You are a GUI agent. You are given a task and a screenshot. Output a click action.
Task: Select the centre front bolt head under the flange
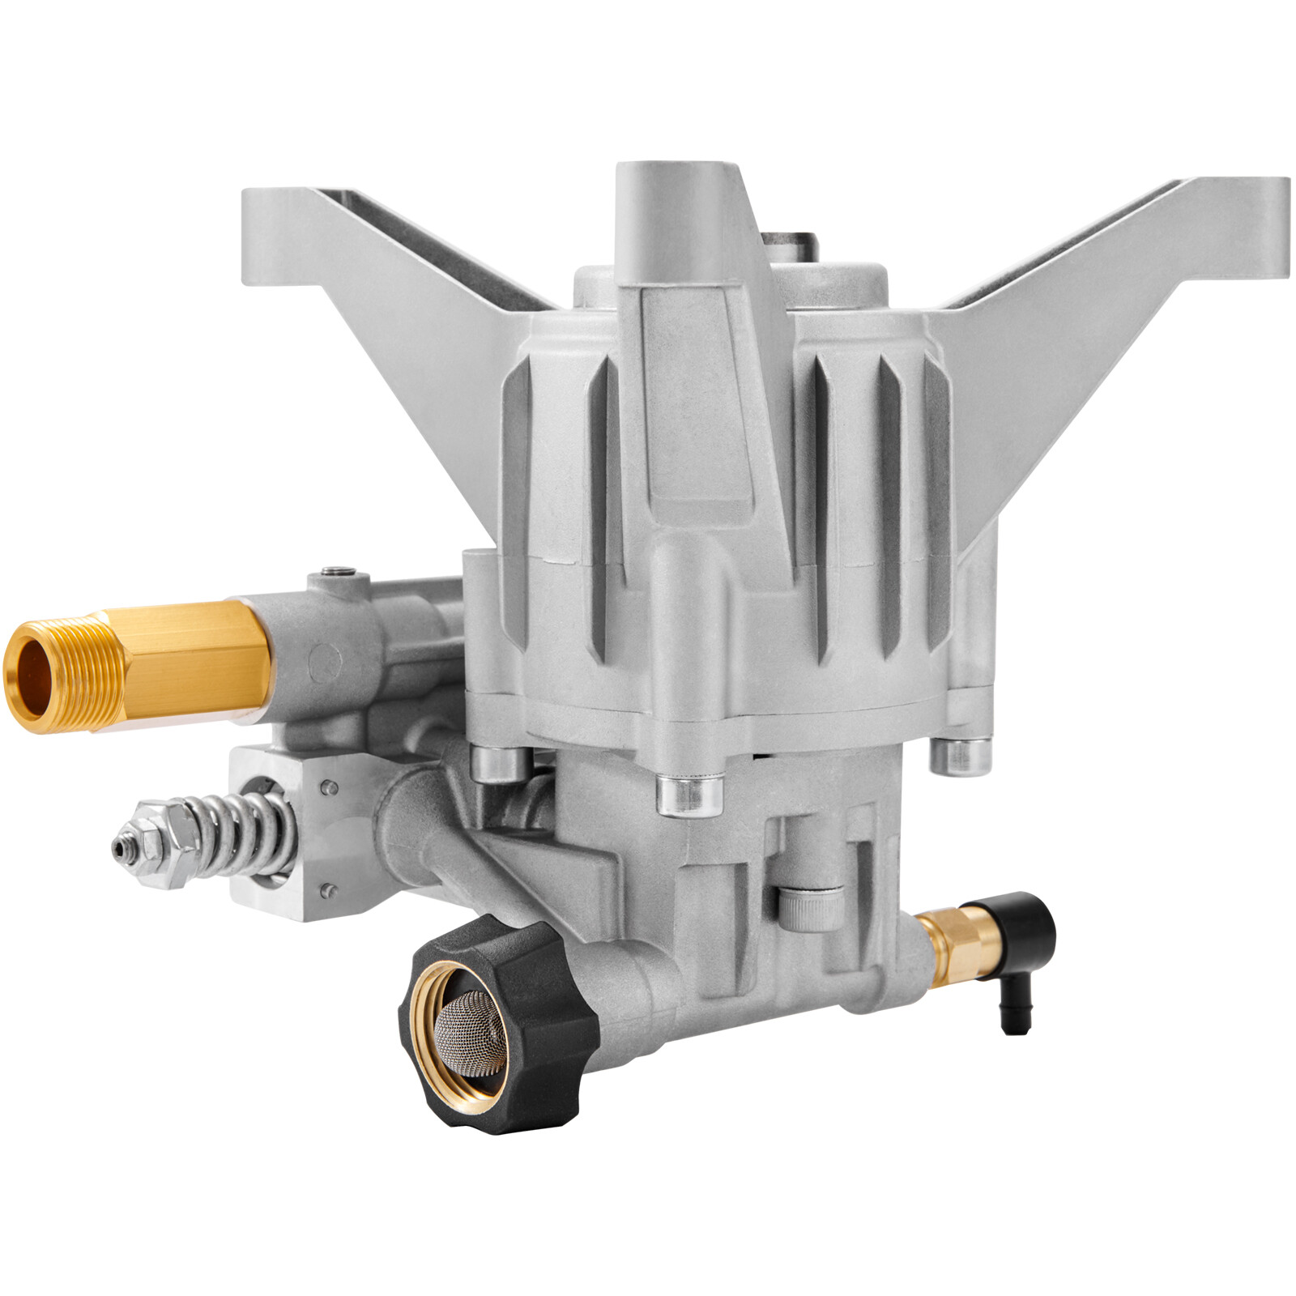tap(689, 794)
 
